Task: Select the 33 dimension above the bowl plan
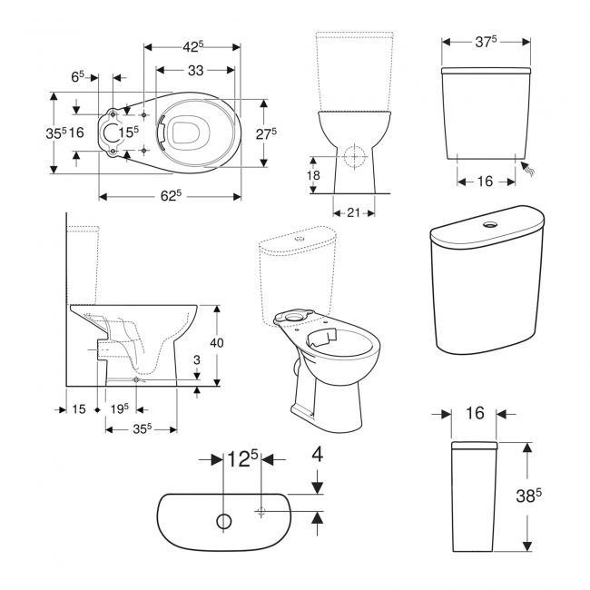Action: [x=194, y=70]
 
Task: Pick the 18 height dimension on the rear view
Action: [x=312, y=175]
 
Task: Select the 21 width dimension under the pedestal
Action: [x=354, y=212]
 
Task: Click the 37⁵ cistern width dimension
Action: [x=487, y=42]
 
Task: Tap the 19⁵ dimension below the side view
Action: [x=119, y=409]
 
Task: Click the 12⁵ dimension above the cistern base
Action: [x=242, y=460]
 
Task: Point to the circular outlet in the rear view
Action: [x=352, y=156]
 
